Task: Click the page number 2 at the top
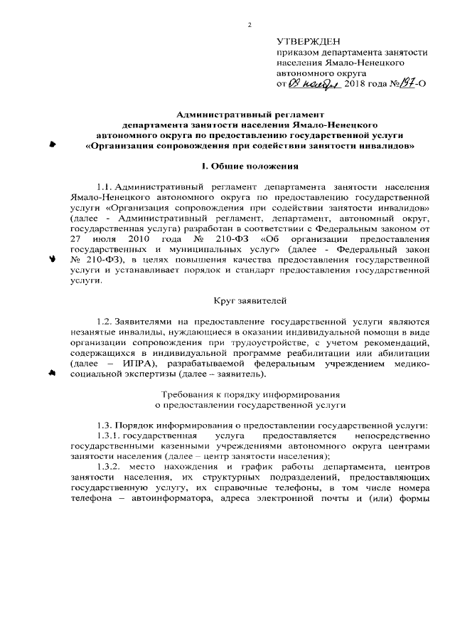point(250,26)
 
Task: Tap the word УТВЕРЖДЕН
point(310,41)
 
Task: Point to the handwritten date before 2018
point(314,83)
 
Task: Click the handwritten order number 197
point(405,83)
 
